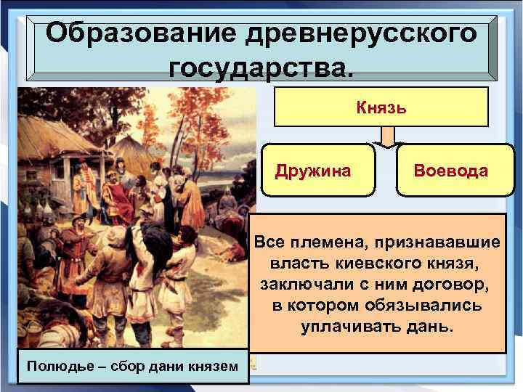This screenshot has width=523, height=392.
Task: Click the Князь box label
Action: click(381, 107)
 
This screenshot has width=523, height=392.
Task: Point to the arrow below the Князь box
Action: click(387, 136)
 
